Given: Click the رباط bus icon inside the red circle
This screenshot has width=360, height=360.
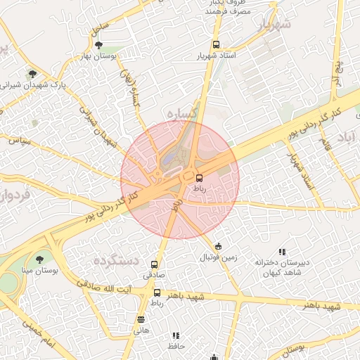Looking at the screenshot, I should pyautogui.click(x=199, y=178).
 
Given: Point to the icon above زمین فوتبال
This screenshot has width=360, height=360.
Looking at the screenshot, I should pyautogui.click(x=219, y=247).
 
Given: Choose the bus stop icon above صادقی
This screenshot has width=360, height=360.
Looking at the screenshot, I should pyautogui.click(x=155, y=264).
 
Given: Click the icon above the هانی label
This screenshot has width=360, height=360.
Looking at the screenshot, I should pyautogui.click(x=141, y=319).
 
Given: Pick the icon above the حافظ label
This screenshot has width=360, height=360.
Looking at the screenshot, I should pyautogui.click(x=176, y=336).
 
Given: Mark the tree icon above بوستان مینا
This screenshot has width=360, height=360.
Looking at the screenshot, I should pyautogui.click(x=39, y=259).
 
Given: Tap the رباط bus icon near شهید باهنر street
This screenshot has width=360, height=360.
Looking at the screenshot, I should pyautogui.click(x=157, y=292).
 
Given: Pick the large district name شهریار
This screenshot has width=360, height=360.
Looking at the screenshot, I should pyautogui.click(x=274, y=26).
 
